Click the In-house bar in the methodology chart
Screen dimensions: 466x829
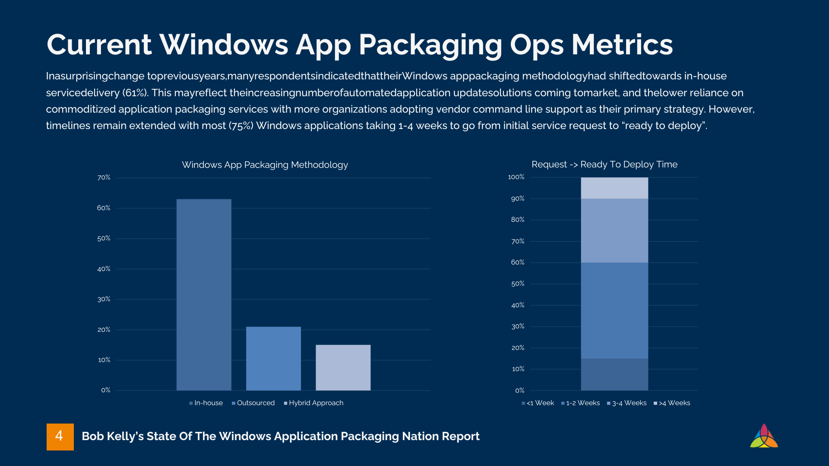coord(204,295)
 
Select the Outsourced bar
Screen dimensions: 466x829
coord(273,359)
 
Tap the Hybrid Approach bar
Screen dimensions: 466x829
coord(343,368)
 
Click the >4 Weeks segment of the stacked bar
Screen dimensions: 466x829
coord(614,188)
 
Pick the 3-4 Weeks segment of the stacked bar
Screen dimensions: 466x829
coord(614,230)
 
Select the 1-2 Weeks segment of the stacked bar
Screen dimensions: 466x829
coord(614,310)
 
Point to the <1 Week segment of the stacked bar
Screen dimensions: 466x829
coord(614,374)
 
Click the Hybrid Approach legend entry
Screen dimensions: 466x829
coord(314,403)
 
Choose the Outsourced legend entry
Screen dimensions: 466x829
coord(253,403)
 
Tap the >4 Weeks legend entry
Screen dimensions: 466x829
coord(672,403)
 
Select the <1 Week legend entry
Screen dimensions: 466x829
coord(538,403)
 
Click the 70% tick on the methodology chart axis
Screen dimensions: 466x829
coord(104,177)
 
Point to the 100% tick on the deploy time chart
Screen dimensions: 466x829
coord(516,177)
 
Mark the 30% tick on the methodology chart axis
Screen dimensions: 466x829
coord(104,299)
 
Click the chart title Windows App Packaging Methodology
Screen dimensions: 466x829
coord(265,165)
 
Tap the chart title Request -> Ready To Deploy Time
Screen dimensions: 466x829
coord(604,164)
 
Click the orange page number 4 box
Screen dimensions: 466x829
coord(60,437)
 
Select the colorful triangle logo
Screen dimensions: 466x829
coord(764,436)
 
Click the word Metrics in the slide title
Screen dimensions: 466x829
coord(622,44)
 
